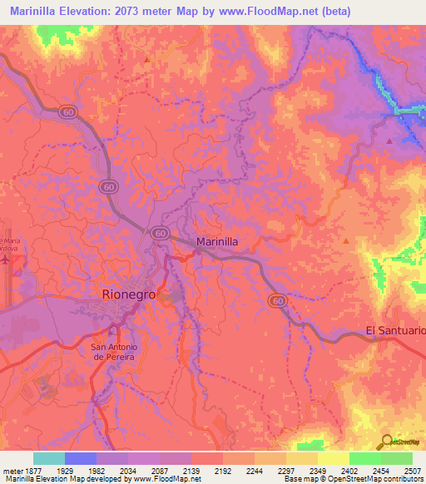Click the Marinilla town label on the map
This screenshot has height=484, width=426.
[218, 241]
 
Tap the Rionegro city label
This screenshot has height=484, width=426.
[128, 294]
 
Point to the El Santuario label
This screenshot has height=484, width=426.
[395, 331]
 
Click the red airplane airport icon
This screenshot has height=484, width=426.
[7, 259]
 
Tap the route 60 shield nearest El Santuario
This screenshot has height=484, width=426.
[278, 300]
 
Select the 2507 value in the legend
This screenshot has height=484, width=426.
[414, 470]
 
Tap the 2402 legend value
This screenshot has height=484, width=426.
[349, 470]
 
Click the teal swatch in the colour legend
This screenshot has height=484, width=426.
[48, 458]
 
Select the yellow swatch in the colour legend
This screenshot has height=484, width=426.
[333, 458]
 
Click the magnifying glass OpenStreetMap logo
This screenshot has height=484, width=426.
[387, 442]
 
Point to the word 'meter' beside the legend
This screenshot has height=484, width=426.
[11, 470]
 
